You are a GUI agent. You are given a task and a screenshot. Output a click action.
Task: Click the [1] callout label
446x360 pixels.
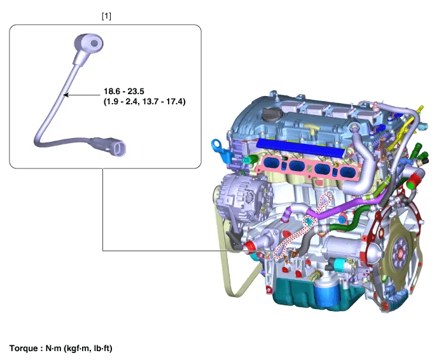point(106,16)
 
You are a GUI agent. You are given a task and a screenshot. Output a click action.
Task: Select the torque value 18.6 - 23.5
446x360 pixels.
point(123,92)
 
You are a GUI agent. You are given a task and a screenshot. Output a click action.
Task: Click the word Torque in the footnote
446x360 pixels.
point(24,348)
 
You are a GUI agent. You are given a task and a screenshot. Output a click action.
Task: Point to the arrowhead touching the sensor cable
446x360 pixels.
point(66,95)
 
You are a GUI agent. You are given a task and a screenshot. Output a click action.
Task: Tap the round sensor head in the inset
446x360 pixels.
point(88,44)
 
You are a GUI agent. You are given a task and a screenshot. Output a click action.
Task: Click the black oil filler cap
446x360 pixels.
point(272,115)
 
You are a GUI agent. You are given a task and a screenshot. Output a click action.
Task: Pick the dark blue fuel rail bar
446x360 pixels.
point(300,147)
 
